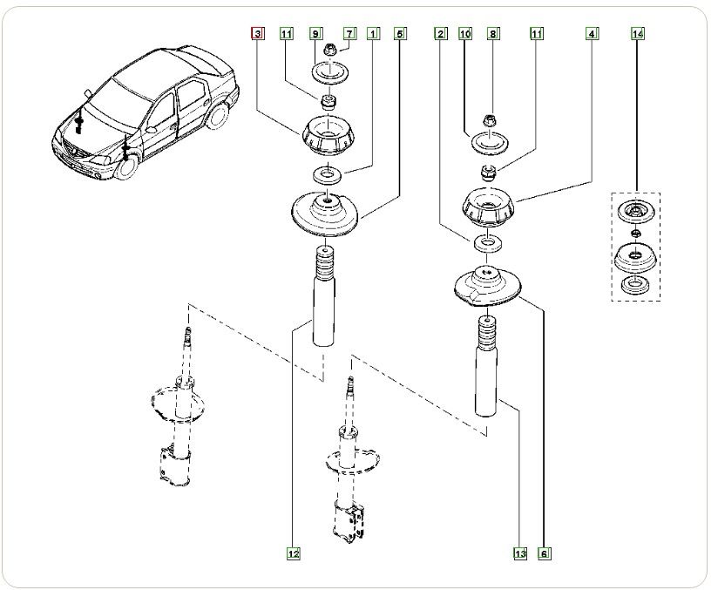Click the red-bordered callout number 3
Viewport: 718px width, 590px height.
click(257, 34)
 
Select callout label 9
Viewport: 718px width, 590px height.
click(315, 34)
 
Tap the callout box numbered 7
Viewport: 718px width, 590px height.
click(349, 34)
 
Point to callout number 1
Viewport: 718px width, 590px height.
click(373, 34)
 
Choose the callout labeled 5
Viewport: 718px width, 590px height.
click(400, 34)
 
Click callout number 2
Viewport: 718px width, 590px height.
click(441, 34)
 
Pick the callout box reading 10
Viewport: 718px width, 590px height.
click(465, 34)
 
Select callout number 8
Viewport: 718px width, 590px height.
click(493, 34)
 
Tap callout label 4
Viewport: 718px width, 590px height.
click(592, 34)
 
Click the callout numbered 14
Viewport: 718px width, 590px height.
click(638, 34)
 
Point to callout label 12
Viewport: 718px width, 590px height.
click(294, 553)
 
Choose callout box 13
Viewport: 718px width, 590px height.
click(520, 553)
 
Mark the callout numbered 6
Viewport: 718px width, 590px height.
click(545, 553)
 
